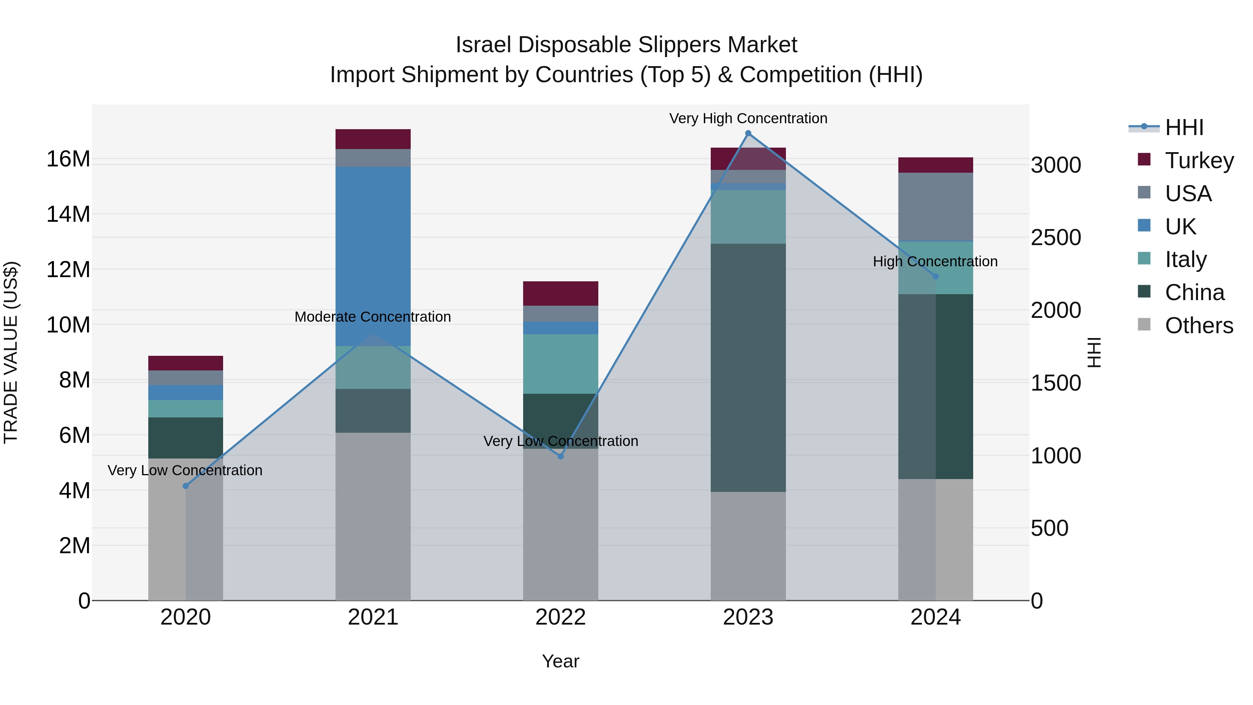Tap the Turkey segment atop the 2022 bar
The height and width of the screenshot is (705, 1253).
(x=560, y=293)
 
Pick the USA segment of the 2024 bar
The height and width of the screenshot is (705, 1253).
(x=935, y=206)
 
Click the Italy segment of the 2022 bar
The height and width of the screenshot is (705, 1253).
(x=560, y=363)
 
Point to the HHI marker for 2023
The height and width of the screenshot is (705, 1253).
(x=748, y=133)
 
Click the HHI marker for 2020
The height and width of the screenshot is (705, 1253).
(x=185, y=486)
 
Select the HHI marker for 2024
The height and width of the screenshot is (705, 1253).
(x=935, y=276)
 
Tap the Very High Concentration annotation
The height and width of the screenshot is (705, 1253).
(x=748, y=118)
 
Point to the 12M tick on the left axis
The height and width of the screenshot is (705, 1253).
(x=68, y=269)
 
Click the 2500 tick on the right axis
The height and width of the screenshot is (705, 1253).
(x=1056, y=237)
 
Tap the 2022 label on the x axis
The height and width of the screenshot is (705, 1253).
(x=560, y=617)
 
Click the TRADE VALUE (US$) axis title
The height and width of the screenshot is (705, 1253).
(x=11, y=352)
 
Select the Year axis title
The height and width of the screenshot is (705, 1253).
(x=560, y=661)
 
